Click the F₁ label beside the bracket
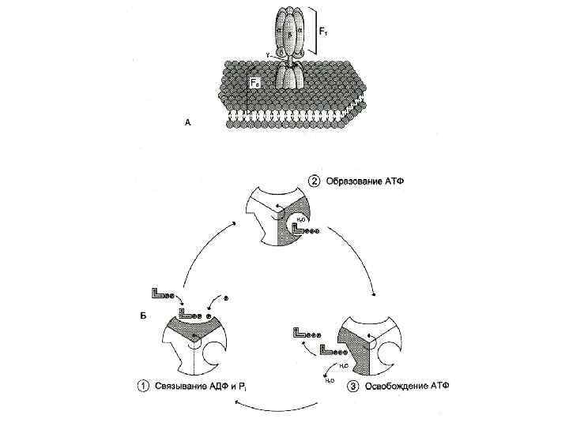coord(326,32)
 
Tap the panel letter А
coord(187,121)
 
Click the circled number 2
coord(314,180)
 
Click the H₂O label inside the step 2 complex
coord(302,219)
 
